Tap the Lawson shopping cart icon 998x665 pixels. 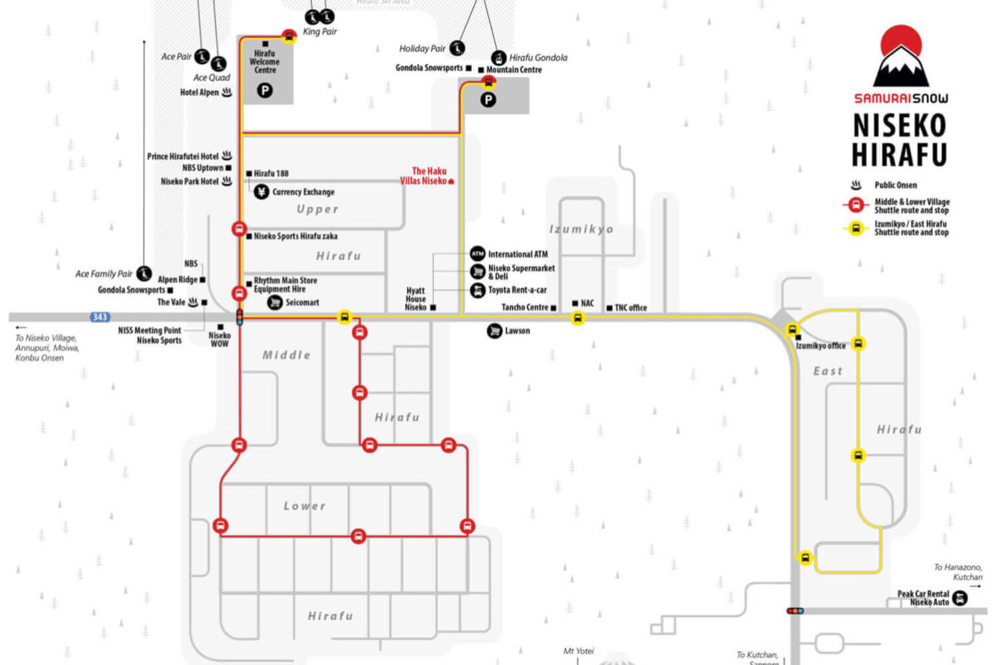coord(494,331)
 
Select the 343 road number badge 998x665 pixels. coord(100,317)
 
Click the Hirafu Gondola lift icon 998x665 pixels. coord(499,59)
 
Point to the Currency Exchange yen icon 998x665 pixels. coord(261,192)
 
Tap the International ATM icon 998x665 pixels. coord(478,253)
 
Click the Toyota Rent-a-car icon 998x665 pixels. coord(478,290)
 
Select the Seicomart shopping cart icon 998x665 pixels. coord(275,303)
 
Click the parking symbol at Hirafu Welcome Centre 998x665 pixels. coord(265,90)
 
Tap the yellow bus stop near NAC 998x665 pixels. coord(578,319)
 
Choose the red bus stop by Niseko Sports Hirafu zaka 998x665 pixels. coord(240,229)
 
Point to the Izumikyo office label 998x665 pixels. coord(821,346)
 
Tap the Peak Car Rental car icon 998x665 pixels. coord(959,598)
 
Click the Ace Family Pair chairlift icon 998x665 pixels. coord(144,273)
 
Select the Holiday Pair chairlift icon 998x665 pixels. coord(457,48)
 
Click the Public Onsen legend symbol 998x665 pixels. coord(856,185)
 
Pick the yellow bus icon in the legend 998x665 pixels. coord(856,228)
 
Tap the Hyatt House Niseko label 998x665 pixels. coord(416,299)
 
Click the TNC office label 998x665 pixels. coord(630,308)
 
